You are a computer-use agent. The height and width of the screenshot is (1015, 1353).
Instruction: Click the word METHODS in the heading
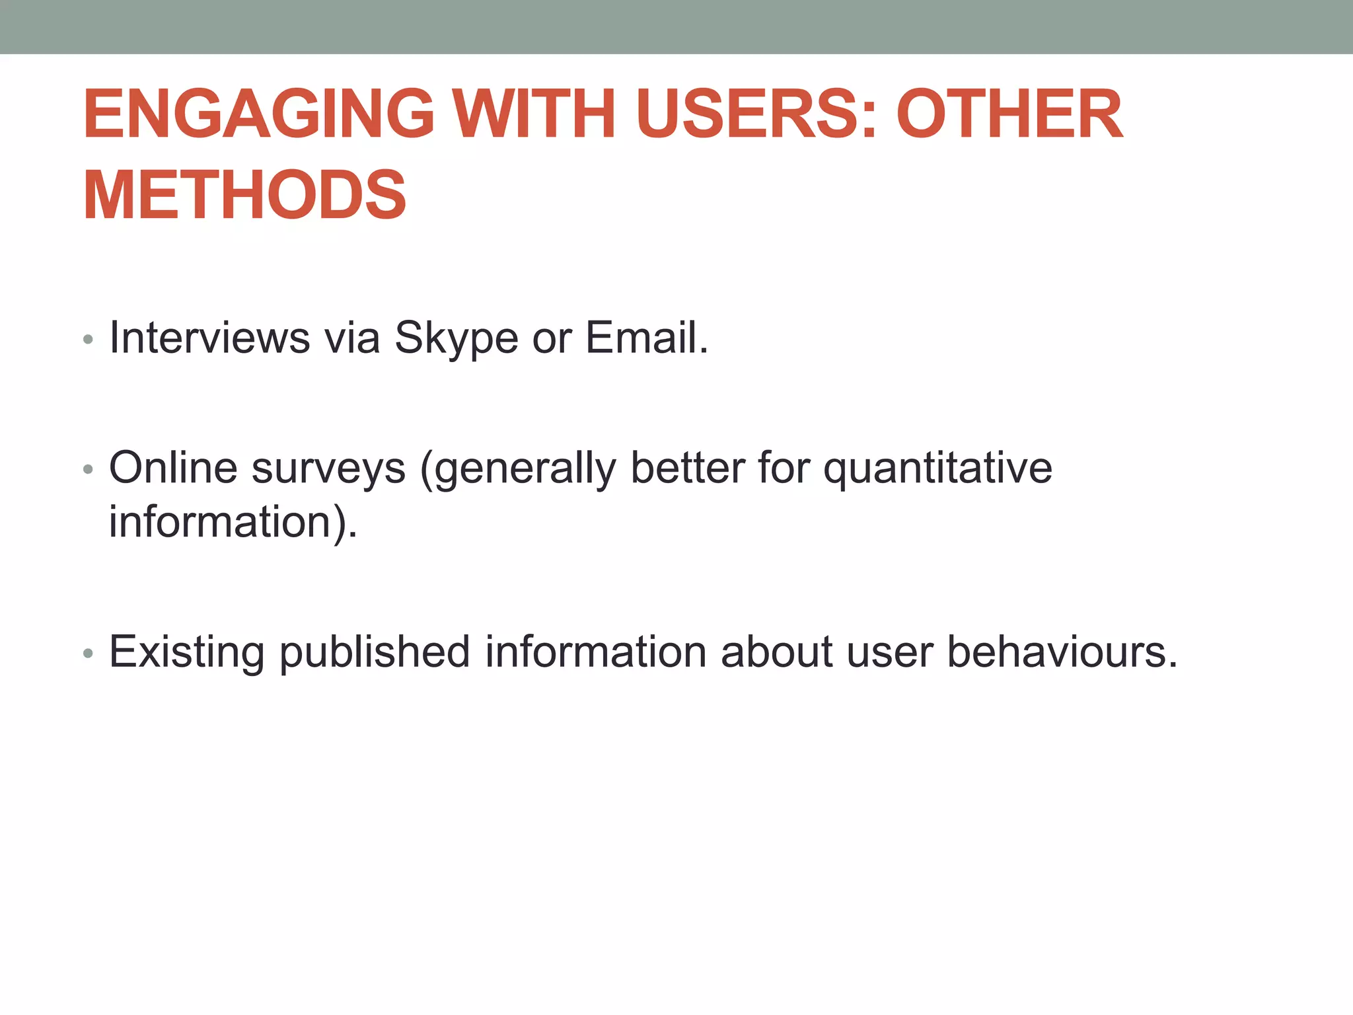click(x=244, y=196)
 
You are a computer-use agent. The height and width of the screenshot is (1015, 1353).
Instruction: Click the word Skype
click(x=456, y=339)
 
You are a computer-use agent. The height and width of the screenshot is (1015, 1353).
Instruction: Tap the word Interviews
click(x=209, y=338)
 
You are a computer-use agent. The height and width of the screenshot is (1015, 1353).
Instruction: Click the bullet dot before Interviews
click(x=89, y=341)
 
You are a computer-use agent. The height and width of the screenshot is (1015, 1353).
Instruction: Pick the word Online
click(x=173, y=468)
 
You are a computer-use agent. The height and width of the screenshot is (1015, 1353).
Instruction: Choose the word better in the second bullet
click(x=688, y=468)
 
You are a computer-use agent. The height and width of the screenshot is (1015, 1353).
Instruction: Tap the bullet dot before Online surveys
click(x=89, y=470)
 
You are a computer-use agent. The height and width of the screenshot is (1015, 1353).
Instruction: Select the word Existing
click(x=187, y=652)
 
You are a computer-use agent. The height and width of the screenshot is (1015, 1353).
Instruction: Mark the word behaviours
click(x=1062, y=652)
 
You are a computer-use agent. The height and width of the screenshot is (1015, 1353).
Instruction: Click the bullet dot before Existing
click(x=89, y=654)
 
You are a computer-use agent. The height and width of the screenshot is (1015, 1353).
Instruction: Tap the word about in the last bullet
click(x=776, y=652)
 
